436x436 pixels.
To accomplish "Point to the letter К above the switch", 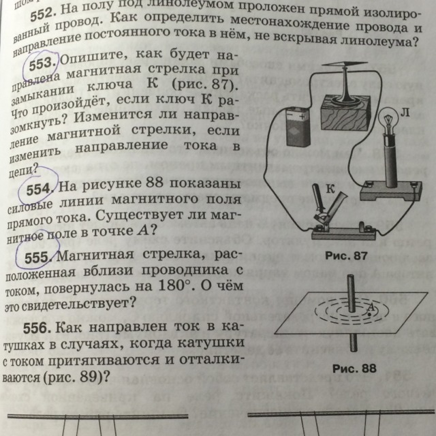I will click(x=328, y=193).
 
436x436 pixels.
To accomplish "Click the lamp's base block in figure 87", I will click(x=386, y=190).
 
